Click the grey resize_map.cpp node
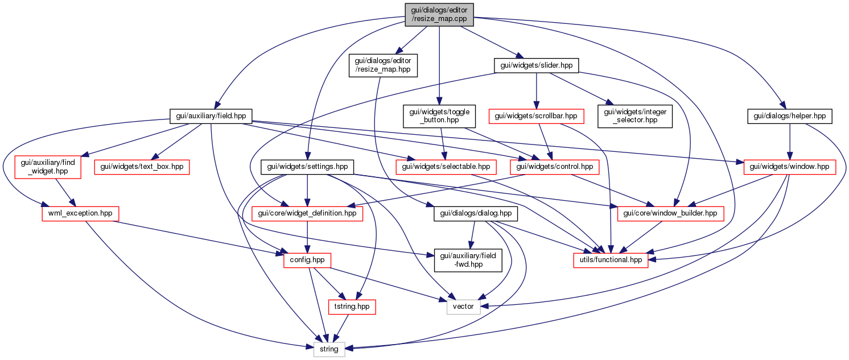(439, 15)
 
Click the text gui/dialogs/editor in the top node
(439, 10)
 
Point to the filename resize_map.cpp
(439, 19)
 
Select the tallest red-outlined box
(47, 167)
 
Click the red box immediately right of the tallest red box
(142, 167)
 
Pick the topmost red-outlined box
(536, 116)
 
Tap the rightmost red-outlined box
(789, 167)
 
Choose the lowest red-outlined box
(352, 307)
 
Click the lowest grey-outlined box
(329, 349)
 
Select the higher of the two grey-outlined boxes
(463, 307)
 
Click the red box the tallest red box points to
(80, 214)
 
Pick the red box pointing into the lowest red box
(307, 260)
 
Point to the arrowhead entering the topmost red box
(536, 106)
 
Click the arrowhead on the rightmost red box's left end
(740, 163)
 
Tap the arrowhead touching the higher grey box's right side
(484, 307)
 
